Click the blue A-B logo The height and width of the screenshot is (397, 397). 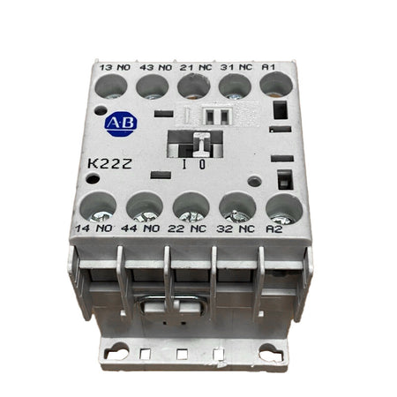tap(121, 124)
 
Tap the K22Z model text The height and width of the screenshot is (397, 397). tap(109, 164)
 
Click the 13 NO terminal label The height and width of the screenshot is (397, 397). tap(115, 67)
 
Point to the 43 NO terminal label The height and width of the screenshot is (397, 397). tap(156, 67)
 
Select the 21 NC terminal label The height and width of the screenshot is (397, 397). tap(196, 67)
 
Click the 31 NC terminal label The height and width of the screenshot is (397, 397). tap(236, 67)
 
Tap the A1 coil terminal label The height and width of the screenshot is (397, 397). tap(268, 67)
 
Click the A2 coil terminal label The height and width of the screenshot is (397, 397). tap(274, 229)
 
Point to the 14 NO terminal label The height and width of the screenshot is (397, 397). tap(94, 228)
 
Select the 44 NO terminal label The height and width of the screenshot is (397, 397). tap(140, 228)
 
